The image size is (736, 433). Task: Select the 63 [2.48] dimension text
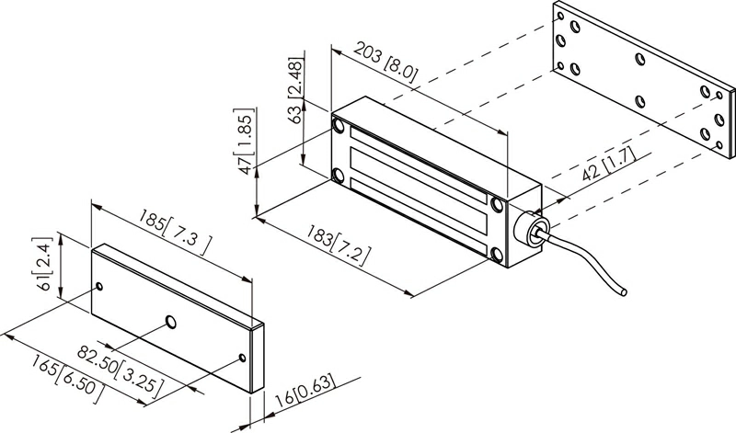(x=296, y=90)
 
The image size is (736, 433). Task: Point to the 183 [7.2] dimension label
(x=338, y=245)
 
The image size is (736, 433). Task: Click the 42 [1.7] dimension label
(x=609, y=164)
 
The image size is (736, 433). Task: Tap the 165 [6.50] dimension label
(x=66, y=378)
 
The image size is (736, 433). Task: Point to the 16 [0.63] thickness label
(x=305, y=390)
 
